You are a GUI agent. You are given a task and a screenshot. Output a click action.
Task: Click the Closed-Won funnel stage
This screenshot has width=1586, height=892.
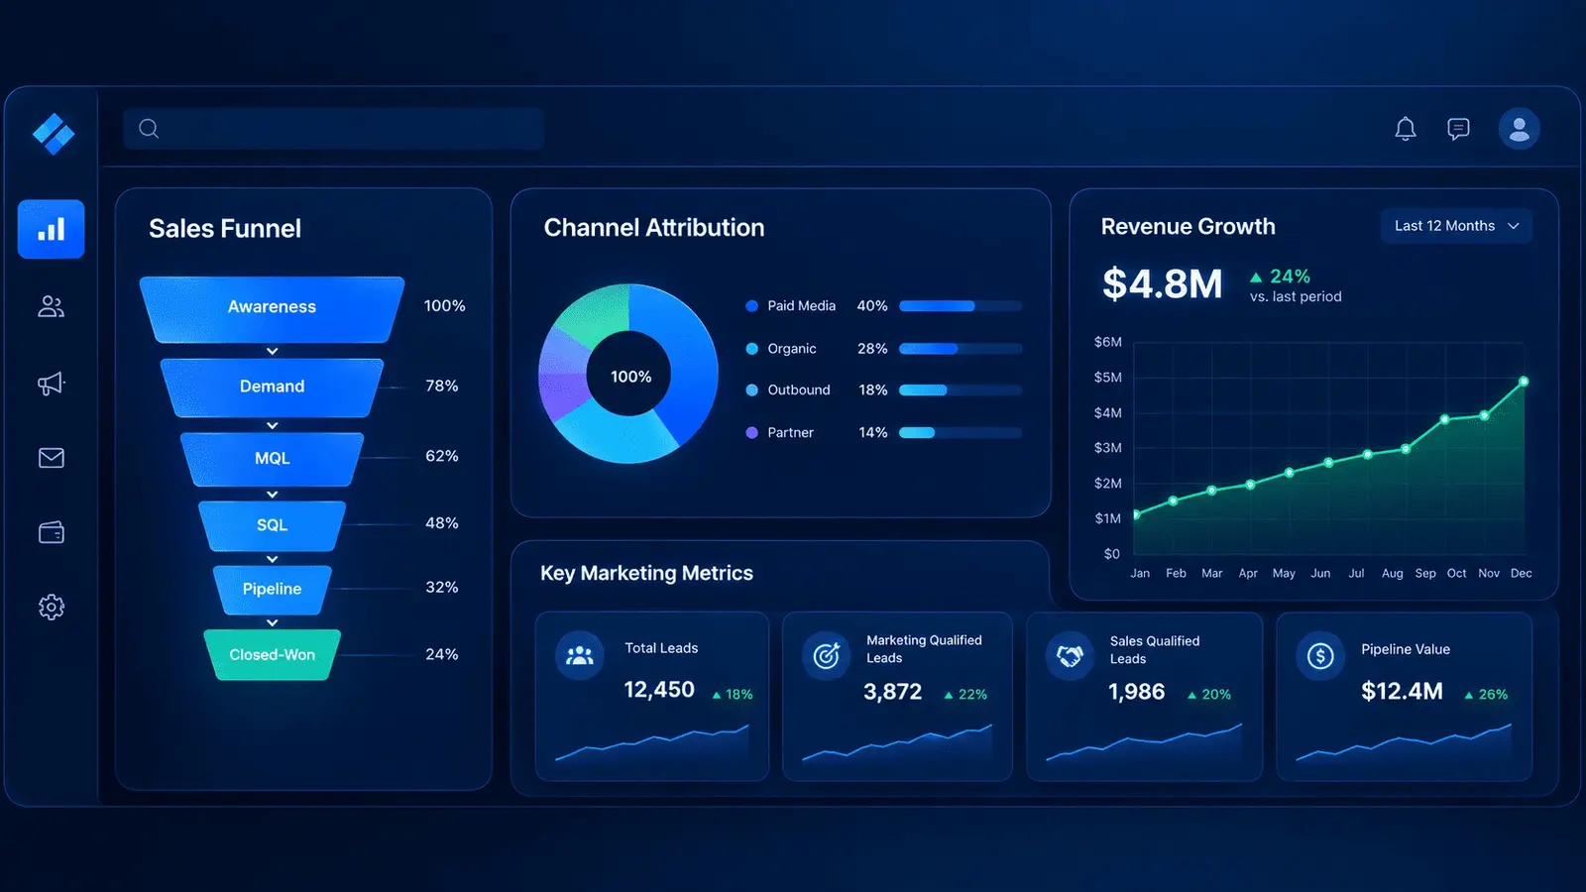click(272, 655)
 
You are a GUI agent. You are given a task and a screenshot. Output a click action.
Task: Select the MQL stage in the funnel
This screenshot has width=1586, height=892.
click(272, 459)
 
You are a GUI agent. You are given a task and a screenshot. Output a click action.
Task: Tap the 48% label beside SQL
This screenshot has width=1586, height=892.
click(442, 523)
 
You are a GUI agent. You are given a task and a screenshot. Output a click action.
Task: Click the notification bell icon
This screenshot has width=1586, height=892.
click(1406, 129)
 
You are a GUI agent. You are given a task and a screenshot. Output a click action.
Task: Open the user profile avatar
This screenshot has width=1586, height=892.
click(1519, 129)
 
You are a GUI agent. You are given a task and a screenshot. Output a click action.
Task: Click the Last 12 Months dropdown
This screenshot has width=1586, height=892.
click(1456, 226)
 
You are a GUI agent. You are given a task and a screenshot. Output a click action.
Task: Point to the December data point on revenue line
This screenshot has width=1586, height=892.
click(1524, 382)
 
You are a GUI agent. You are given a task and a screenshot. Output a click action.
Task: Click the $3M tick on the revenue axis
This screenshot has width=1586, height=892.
click(1108, 447)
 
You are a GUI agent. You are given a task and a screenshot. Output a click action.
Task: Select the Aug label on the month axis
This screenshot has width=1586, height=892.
click(1392, 574)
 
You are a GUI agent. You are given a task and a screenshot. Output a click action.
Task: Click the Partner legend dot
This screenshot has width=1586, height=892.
click(752, 432)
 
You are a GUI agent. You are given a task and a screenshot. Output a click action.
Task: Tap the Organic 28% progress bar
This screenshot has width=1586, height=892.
click(961, 348)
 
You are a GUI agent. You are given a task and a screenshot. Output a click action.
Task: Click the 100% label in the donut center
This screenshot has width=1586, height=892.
click(630, 377)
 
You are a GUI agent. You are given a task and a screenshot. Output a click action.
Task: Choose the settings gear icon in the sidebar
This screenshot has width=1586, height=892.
click(51, 607)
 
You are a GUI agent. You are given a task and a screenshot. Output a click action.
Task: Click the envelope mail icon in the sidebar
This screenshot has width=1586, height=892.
click(51, 458)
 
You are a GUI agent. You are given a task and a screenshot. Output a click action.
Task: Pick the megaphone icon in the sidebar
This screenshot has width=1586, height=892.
click(51, 384)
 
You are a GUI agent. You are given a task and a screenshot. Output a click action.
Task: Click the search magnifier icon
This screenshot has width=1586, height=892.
click(149, 129)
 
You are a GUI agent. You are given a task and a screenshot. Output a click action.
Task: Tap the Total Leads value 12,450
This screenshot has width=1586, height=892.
click(659, 690)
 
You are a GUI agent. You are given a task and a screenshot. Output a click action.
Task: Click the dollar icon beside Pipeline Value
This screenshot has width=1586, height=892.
click(1319, 655)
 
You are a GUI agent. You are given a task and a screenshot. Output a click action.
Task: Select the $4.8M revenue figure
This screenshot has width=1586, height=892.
click(1162, 283)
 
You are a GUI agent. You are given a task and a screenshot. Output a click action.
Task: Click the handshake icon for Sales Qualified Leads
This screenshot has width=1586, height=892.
click(1070, 655)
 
